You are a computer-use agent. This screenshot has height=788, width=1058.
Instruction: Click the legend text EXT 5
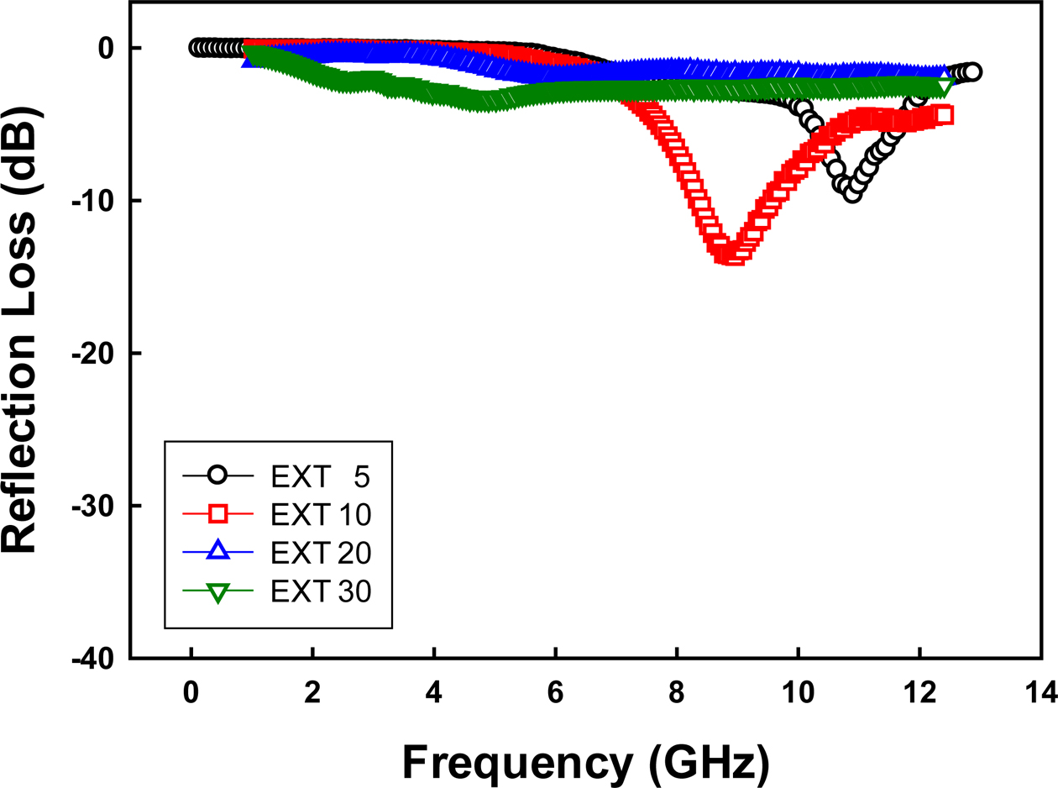click(x=321, y=475)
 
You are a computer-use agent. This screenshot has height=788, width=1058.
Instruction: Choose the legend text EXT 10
click(x=321, y=514)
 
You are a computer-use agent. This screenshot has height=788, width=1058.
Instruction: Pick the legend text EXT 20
click(x=321, y=553)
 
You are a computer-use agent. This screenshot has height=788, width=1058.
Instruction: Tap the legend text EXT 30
click(x=321, y=591)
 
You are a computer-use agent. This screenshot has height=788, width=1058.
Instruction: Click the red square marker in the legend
click(x=217, y=513)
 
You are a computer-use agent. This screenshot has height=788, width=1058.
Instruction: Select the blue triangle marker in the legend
click(x=217, y=551)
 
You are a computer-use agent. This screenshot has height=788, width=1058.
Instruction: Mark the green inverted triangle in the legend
click(x=217, y=592)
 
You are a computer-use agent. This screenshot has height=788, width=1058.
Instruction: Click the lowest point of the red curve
click(x=732, y=255)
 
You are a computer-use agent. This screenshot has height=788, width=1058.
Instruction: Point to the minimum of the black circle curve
click(x=852, y=194)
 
